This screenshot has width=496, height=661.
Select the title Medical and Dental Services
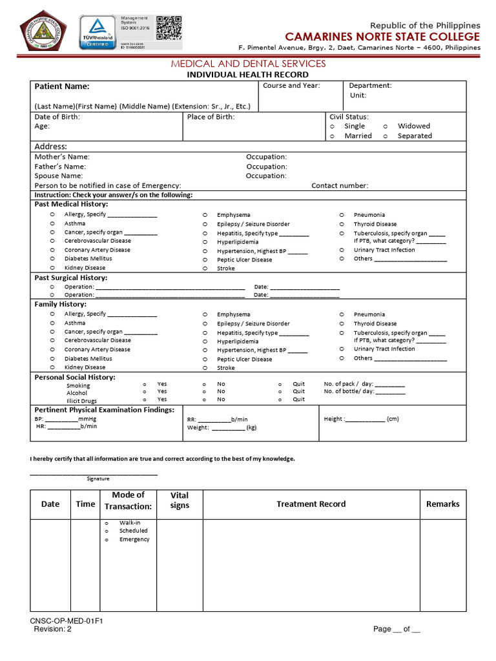coord(248,64)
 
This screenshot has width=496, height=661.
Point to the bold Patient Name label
coord(62,86)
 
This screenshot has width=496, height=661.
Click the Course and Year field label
coord(291,86)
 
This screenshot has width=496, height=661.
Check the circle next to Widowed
coord(386,127)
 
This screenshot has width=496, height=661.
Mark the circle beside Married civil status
coord(332,136)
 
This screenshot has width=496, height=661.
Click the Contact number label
coord(340,186)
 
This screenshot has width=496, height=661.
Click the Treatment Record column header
coord(311,504)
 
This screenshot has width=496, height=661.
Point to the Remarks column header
coord(442,504)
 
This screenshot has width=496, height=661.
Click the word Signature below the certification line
coord(98,479)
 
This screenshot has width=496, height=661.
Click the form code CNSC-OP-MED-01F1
coord(67,621)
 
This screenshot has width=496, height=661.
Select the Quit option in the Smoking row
coord(298,383)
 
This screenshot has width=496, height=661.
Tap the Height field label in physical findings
coord(334,419)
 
